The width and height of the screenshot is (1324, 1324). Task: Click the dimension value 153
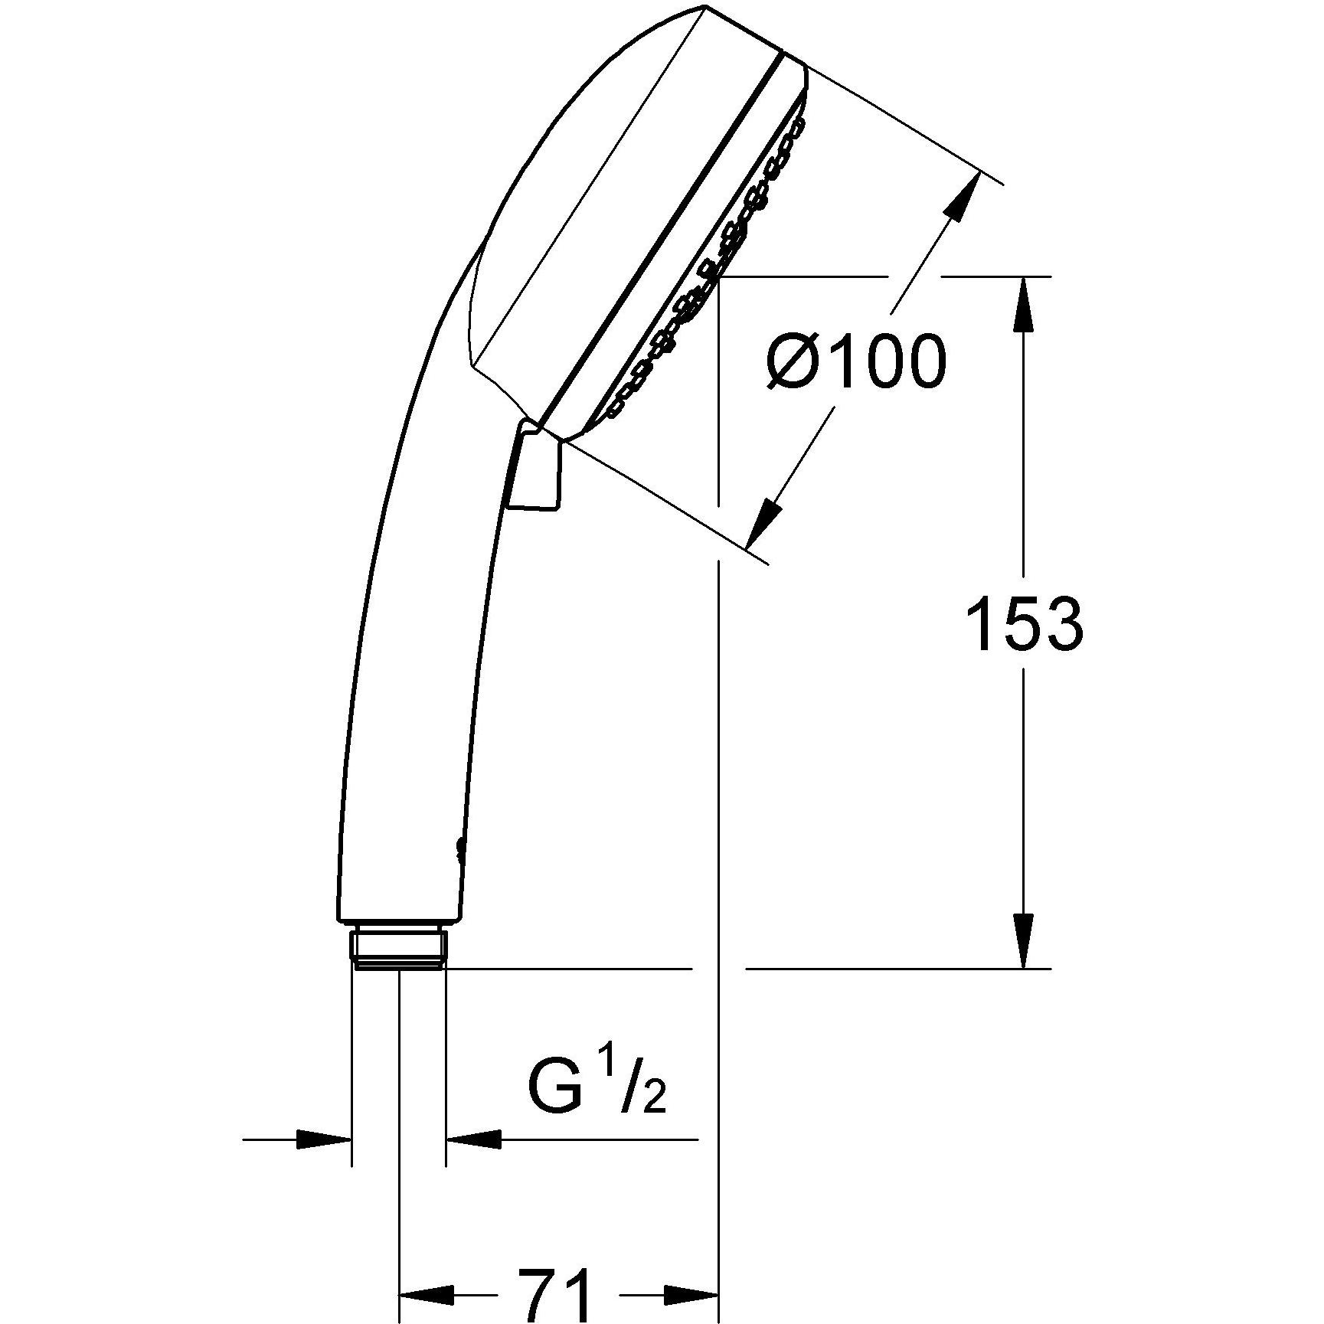pos(1025,625)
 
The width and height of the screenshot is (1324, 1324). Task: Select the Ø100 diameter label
pos(856,362)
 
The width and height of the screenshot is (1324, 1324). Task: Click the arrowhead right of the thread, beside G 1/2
pos(473,1161)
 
